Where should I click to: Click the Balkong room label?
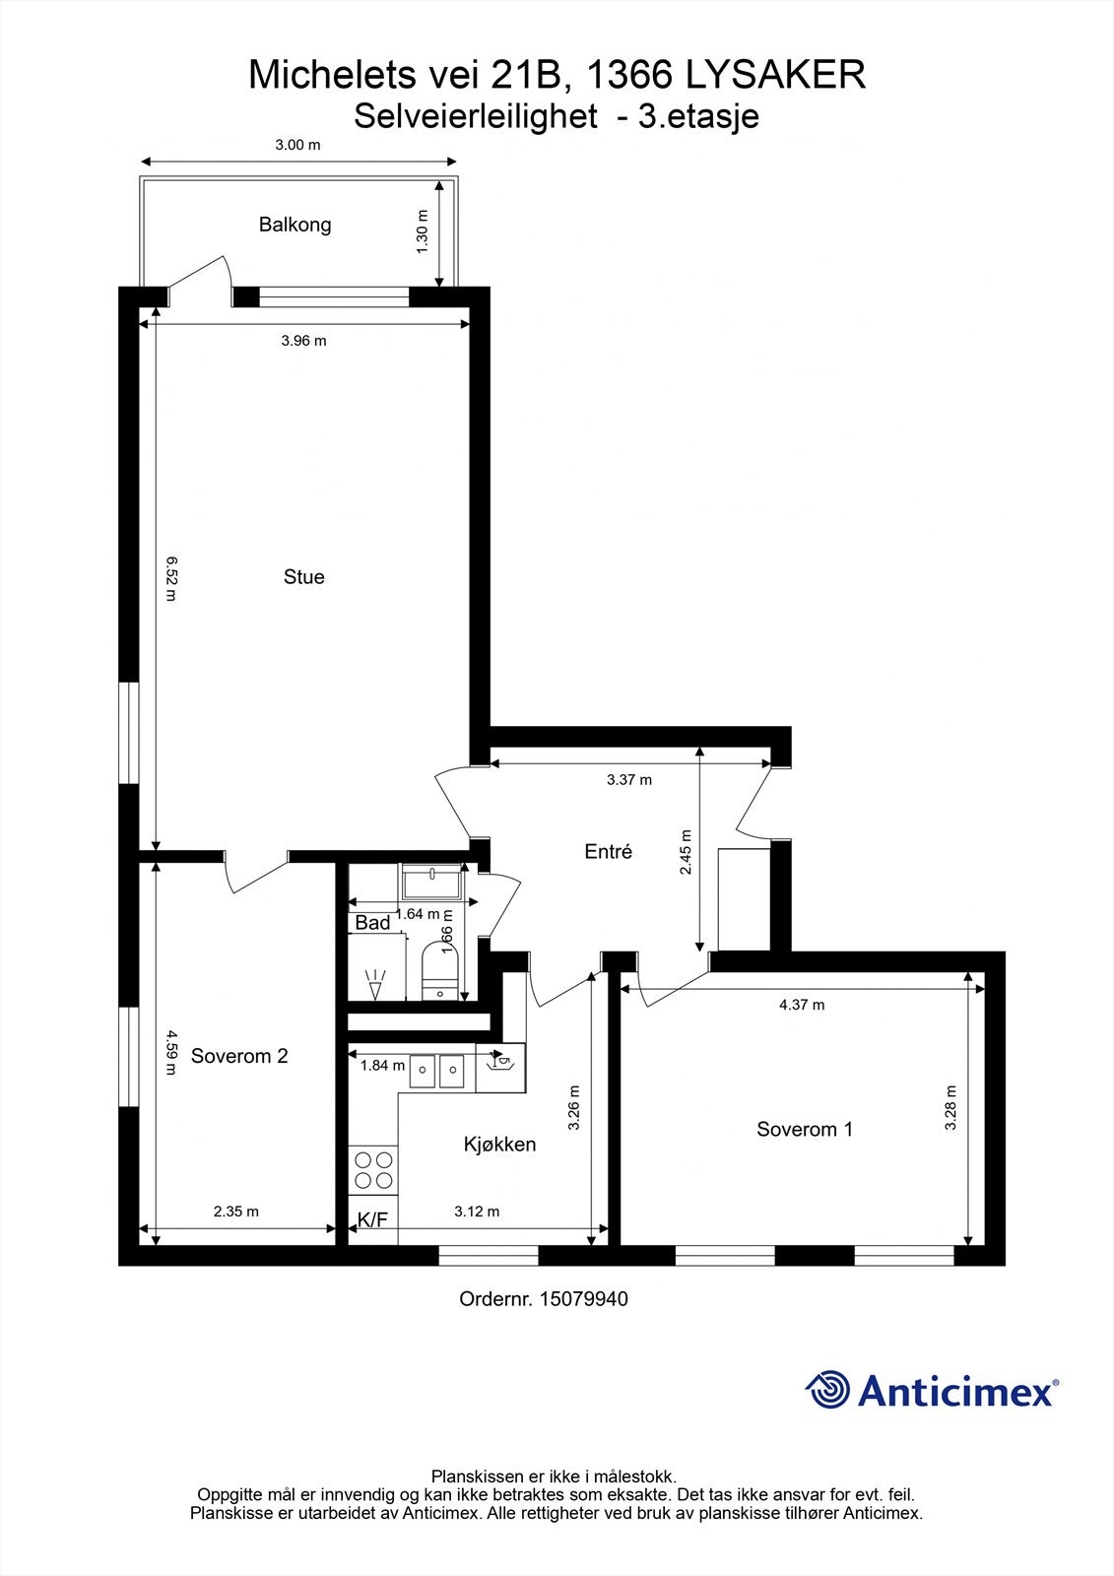[x=295, y=225]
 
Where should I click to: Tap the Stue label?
[x=303, y=577]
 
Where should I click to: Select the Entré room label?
[x=608, y=852]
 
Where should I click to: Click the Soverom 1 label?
[x=804, y=1130]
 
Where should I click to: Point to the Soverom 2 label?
[x=239, y=1056]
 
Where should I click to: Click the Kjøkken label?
[x=499, y=1145]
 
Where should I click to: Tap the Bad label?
[x=372, y=923]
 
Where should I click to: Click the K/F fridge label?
[x=372, y=1219]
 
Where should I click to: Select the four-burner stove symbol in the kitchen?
[x=372, y=1170]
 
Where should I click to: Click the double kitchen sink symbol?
[x=437, y=1070]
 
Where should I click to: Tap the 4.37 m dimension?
[x=802, y=1005]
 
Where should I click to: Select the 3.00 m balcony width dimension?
[x=297, y=145]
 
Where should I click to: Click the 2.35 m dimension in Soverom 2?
[x=236, y=1212]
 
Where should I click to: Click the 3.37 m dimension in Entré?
[x=629, y=780]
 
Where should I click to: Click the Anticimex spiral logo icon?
[x=827, y=1390]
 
